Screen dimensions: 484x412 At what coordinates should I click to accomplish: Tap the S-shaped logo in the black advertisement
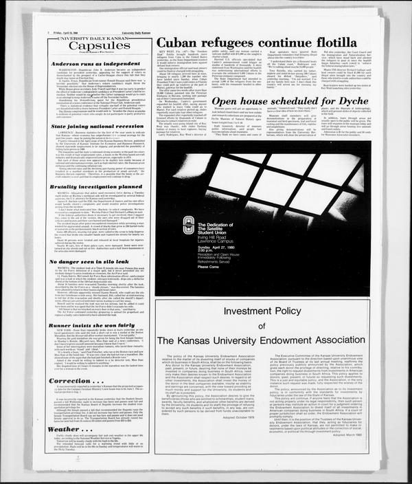click(189, 225)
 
